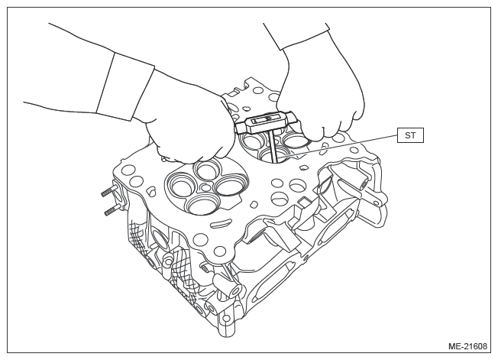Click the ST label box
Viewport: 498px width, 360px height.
point(410,135)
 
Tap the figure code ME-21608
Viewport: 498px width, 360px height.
point(467,346)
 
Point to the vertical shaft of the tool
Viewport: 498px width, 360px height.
point(273,147)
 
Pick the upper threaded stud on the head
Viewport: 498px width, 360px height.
point(108,192)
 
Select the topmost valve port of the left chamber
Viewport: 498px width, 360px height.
point(208,168)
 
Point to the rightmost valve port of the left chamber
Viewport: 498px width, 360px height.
point(228,186)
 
